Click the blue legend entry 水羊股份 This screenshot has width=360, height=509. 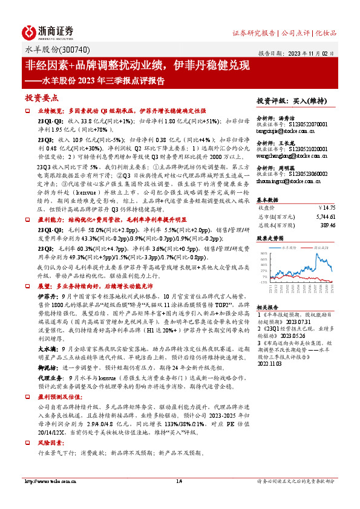point(292,247)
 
